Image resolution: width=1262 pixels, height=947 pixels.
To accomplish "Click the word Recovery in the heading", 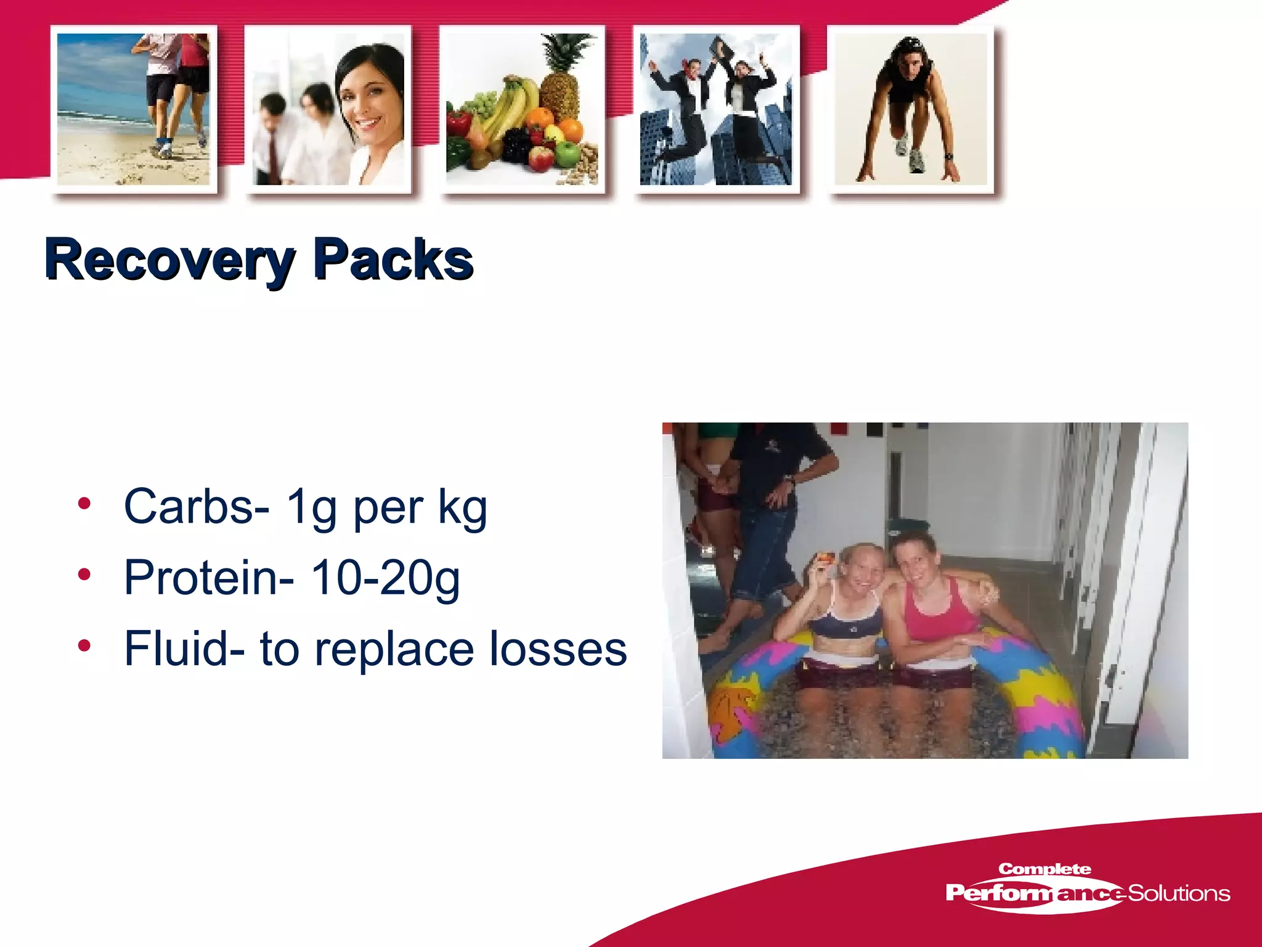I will (169, 261).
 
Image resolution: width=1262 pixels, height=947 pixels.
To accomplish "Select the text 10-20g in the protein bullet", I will (385, 578).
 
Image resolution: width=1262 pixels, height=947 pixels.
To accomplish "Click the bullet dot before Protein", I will (84, 575).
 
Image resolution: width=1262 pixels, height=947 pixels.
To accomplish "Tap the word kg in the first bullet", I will (462, 507).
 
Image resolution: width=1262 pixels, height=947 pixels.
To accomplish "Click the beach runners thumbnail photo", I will (133, 109).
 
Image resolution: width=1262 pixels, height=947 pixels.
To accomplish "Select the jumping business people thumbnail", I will (716, 109).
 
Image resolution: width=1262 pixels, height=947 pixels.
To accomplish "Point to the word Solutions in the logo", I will (1178, 893).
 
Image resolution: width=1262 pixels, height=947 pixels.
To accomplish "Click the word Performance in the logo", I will (1035, 893).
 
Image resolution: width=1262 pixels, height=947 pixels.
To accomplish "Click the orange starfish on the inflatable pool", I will (733, 709).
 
